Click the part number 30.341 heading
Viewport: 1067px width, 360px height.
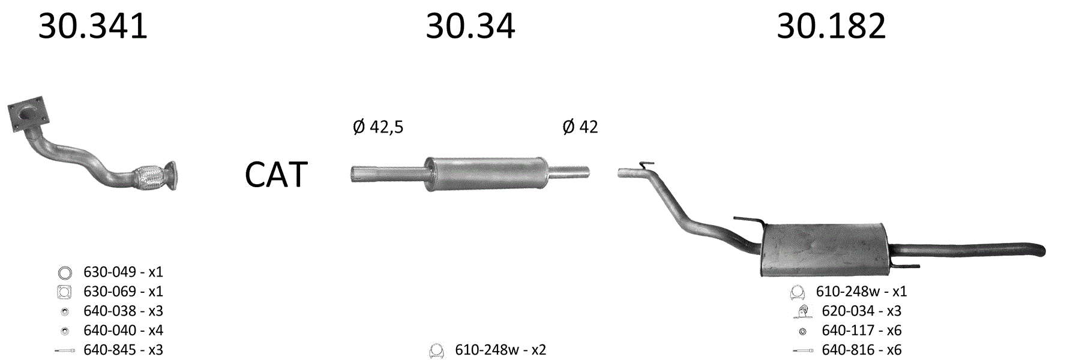[93, 26]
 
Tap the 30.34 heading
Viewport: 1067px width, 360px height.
[470, 26]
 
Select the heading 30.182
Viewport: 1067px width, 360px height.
[831, 26]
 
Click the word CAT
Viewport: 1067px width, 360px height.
[276, 175]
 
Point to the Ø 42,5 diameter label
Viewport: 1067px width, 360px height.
[378, 127]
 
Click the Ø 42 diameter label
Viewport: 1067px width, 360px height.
[580, 127]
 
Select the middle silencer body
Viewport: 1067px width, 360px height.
[487, 174]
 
